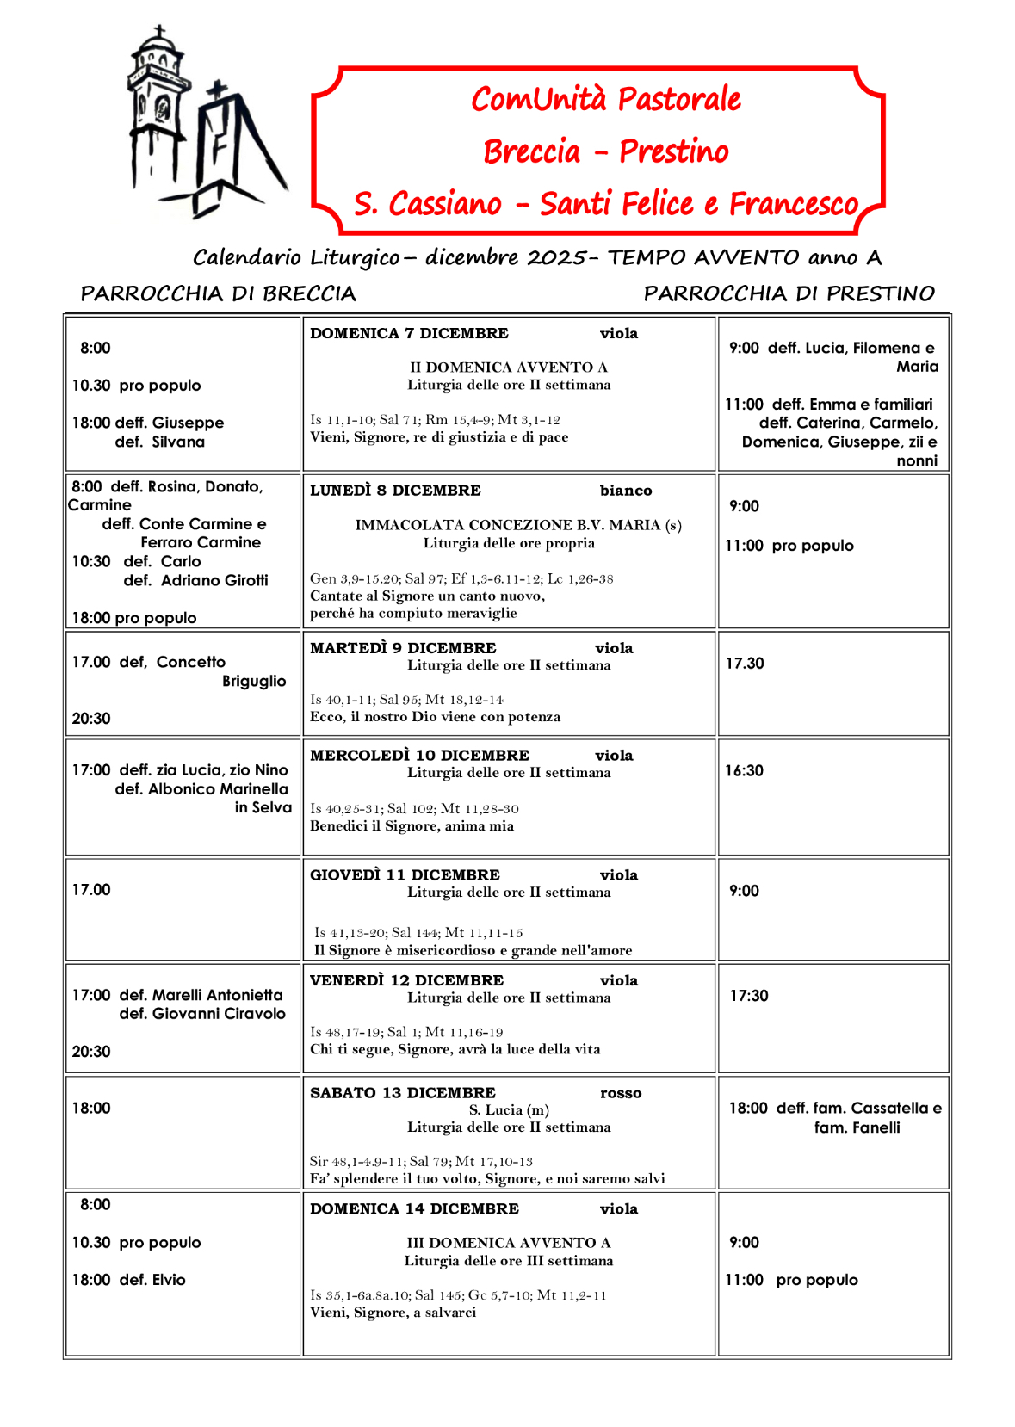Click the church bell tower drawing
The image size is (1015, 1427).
click(158, 112)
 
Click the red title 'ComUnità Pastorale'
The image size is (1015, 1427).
click(605, 99)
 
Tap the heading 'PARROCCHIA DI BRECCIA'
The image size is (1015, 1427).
click(218, 294)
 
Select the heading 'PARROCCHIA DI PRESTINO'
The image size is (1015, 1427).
click(789, 294)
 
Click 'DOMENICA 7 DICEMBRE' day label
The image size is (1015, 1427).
click(409, 334)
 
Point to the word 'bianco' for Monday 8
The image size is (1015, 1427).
click(626, 491)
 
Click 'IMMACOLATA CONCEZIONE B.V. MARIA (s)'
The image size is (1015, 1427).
click(518, 525)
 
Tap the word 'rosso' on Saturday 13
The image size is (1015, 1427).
click(621, 1093)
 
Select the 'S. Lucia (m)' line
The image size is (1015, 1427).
click(509, 1110)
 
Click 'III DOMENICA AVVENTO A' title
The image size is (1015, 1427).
click(508, 1243)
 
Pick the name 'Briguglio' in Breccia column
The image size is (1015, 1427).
click(254, 681)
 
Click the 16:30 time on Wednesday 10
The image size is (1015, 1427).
click(744, 771)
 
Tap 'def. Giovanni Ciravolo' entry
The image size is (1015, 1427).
click(202, 1014)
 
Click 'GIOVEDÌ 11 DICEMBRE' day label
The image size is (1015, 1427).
click(405, 875)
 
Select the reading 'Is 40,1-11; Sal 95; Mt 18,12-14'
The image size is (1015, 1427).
click(406, 700)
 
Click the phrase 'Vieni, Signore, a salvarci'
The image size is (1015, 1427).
click(393, 1313)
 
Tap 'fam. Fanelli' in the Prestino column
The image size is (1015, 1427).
click(857, 1127)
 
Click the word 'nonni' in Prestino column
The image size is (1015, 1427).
click(917, 460)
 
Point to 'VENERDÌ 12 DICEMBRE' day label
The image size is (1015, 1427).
click(406, 981)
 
